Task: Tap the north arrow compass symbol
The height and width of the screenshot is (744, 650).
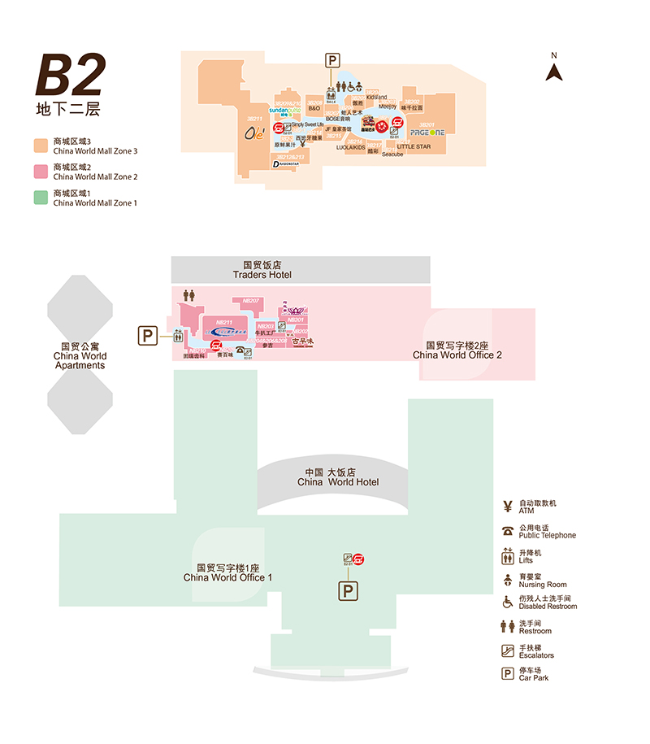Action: click(x=554, y=71)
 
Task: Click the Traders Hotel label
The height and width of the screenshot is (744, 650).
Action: click(x=262, y=270)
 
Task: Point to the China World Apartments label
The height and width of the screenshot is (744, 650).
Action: click(x=80, y=356)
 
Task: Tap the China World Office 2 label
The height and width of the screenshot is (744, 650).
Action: click(x=457, y=350)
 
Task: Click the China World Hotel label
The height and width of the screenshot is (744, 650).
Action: click(x=338, y=477)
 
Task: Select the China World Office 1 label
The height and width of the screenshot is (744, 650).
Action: click(x=227, y=572)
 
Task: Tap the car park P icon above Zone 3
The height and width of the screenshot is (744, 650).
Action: click(x=332, y=59)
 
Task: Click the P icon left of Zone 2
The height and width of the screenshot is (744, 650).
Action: click(x=147, y=335)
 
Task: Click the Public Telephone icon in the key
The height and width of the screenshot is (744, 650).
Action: click(x=508, y=532)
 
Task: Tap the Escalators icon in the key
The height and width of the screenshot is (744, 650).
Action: click(x=508, y=650)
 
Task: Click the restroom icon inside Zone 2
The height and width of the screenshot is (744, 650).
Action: click(x=189, y=295)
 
